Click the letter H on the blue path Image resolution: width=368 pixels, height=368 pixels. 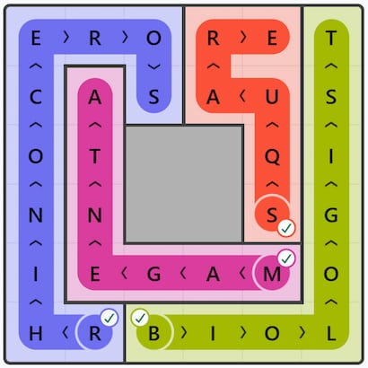coord(36,333)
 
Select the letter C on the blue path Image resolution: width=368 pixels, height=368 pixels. coord(36,97)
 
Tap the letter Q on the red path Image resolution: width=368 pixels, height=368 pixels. coord(272,157)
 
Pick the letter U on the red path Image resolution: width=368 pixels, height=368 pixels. coord(272,97)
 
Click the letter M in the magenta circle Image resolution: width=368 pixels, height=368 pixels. coord(272,274)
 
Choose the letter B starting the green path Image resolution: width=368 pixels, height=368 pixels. coord(153,333)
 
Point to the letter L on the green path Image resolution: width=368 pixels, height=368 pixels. coord(331,333)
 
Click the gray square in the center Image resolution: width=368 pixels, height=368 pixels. coord(184,184)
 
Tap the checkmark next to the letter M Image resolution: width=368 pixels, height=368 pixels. coord(286,258)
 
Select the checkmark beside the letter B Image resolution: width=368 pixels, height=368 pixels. coord(140,318)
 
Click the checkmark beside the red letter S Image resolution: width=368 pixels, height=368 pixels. coord(286,228)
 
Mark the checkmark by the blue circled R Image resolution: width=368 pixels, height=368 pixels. coord(110,318)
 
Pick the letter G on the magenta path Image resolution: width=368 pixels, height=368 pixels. coord(153,274)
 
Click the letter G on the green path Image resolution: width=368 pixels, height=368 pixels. coord(331,215)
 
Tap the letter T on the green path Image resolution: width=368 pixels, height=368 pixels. coord(331,38)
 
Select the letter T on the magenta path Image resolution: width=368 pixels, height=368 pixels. coord(94,156)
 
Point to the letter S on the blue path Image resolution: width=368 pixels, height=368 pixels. coord(153,97)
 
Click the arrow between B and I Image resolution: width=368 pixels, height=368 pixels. coord(184,333)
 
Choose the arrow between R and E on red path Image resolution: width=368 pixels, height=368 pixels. coord(243,38)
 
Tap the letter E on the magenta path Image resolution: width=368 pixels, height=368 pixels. coord(94,274)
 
